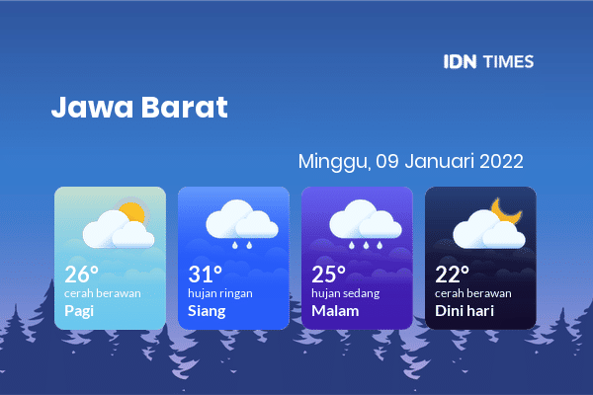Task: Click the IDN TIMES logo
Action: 488,61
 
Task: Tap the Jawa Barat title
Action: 139,107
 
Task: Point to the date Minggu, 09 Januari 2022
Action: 411,161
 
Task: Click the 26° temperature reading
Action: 81,275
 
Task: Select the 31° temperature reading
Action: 205,275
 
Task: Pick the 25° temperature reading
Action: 329,275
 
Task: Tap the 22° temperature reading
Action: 452,275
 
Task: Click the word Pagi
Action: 79,311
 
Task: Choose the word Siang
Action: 207,311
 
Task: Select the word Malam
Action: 335,311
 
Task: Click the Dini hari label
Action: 465,311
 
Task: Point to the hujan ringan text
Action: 220,293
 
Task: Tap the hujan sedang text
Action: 346,293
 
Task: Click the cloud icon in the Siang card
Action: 242,219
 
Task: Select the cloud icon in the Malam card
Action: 366,219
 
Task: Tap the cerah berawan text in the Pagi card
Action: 103,293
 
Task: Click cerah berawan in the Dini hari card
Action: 473,293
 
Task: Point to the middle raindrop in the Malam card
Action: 366,245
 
